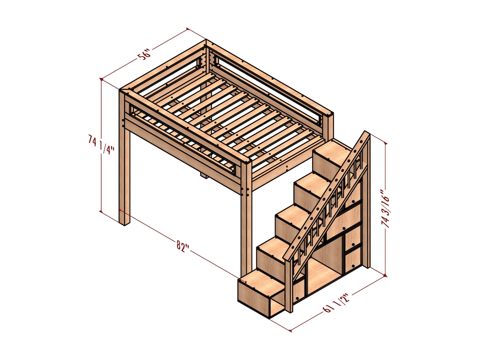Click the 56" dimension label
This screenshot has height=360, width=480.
pyautogui.click(x=144, y=55)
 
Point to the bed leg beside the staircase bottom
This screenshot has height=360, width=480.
pyautogui.click(x=246, y=227)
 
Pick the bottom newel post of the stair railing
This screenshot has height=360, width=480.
pyautogui.click(x=289, y=286)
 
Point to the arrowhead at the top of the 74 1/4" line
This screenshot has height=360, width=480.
pyautogui.click(x=101, y=79)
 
